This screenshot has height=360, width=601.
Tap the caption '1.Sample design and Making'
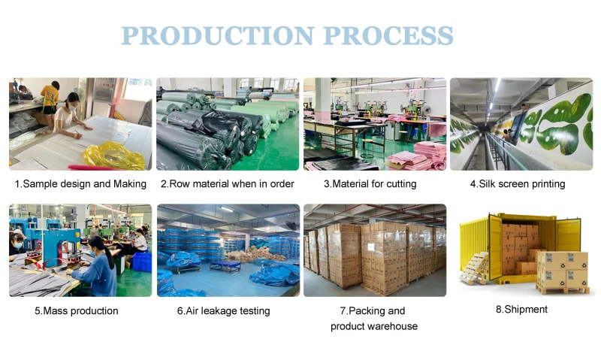pos(80,184)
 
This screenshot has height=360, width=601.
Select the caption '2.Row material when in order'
pos(228,184)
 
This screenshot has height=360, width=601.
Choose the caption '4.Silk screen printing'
pos(518,184)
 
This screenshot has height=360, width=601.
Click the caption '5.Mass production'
pos(76,310)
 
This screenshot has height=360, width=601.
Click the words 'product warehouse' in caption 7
pos(374,326)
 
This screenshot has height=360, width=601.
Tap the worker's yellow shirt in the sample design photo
pos(50,95)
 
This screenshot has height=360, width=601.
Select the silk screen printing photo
pos(521,123)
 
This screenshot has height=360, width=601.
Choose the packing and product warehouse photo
pos(374,250)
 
